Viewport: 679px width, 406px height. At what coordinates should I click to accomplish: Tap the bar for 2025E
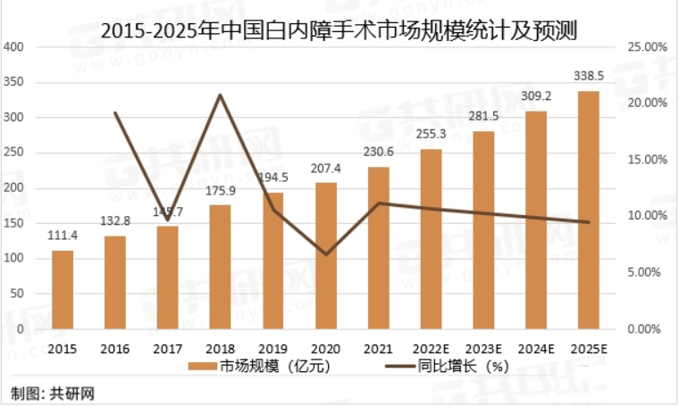point(589,210)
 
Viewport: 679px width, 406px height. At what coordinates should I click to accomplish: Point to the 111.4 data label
point(63,236)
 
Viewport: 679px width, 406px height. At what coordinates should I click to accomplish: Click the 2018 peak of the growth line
point(221,95)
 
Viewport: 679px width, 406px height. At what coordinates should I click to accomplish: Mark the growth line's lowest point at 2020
point(326,254)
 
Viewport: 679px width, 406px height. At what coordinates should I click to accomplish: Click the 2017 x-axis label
point(168,348)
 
